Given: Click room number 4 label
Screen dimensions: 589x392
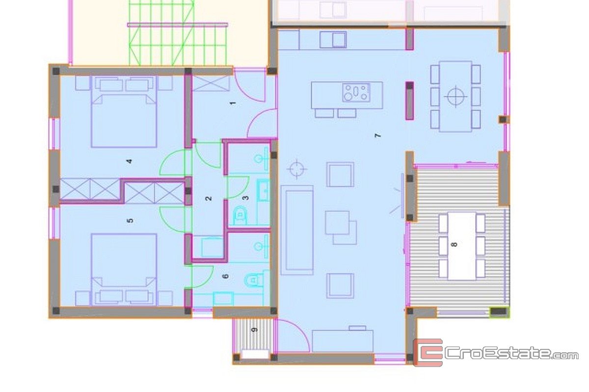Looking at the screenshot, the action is pyautogui.click(x=130, y=161).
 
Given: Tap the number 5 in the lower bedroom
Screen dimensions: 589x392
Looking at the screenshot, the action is pyautogui.click(x=130, y=220).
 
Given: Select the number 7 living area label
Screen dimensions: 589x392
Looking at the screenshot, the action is pyautogui.click(x=377, y=135).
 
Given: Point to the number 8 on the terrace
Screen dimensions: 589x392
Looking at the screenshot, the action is pyautogui.click(x=454, y=245).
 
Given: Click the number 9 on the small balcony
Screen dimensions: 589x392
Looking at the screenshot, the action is pyautogui.click(x=254, y=330).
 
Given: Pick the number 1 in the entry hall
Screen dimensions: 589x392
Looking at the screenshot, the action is pyautogui.click(x=233, y=103).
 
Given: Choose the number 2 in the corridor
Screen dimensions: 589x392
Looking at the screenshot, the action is pyautogui.click(x=209, y=198).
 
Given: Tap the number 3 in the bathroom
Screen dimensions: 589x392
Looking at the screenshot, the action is pyautogui.click(x=245, y=197).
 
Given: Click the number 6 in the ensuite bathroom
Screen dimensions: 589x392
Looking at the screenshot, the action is pyautogui.click(x=225, y=276).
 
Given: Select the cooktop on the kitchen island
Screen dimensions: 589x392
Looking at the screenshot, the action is pyautogui.click(x=356, y=93).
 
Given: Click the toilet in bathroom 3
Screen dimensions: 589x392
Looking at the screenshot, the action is pyautogui.click(x=240, y=216).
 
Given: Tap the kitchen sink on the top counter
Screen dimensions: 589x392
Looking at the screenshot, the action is pyautogui.click(x=333, y=40).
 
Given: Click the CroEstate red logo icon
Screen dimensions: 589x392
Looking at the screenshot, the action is pyautogui.click(x=428, y=353).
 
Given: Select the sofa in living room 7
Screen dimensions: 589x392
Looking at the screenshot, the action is pyautogui.click(x=297, y=230).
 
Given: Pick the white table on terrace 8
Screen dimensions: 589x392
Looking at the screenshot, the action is pyautogui.click(x=462, y=246).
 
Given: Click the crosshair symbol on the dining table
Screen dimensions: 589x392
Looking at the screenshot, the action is pyautogui.click(x=456, y=97).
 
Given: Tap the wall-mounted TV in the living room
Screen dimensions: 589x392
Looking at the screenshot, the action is pyautogui.click(x=402, y=196).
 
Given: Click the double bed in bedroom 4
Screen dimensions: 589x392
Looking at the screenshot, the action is pyautogui.click(x=124, y=112).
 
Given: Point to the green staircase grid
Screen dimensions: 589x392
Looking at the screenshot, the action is pyautogui.click(x=178, y=33).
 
